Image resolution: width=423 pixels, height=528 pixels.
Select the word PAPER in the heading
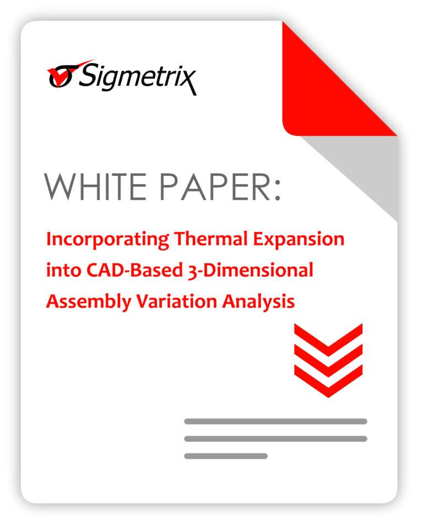pos(215,187)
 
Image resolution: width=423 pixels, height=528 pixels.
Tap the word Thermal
pos(211,239)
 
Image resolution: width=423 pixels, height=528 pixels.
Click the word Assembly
pos(89,302)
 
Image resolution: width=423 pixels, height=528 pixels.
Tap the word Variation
pos(176,301)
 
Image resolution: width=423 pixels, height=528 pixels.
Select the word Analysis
pos(258,302)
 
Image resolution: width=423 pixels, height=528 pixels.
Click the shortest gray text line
pos(226,457)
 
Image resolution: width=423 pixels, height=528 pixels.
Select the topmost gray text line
pos(275,421)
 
